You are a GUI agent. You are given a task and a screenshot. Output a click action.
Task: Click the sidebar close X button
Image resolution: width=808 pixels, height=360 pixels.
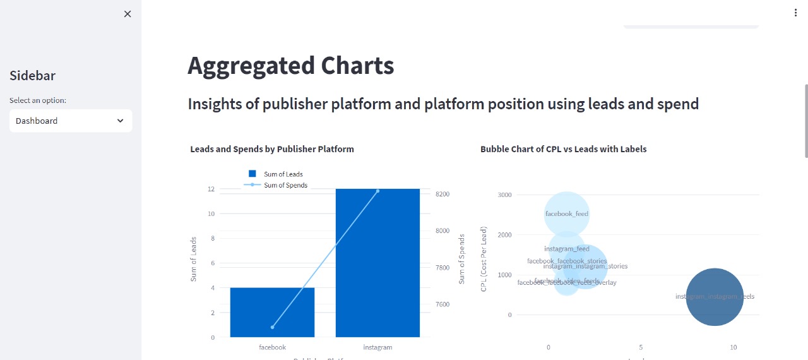128,14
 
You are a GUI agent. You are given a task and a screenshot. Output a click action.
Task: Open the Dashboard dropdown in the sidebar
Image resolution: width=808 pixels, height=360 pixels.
71,121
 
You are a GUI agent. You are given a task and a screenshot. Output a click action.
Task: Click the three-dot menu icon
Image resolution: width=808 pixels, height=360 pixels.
795,13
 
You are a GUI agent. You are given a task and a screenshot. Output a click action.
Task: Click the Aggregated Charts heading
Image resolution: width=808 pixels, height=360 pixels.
290,66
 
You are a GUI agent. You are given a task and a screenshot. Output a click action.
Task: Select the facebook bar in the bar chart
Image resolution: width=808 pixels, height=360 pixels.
272,312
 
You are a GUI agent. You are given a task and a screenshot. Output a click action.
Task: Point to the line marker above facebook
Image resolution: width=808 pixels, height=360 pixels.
273,327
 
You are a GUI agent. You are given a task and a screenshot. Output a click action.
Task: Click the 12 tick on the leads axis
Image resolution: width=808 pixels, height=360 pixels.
210,189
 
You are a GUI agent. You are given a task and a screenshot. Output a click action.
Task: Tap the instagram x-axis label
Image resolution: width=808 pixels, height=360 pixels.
377,347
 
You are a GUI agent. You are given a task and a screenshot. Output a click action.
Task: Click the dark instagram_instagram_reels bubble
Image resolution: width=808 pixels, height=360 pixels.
715,297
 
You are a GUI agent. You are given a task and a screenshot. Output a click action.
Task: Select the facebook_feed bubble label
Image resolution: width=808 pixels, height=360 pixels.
567,213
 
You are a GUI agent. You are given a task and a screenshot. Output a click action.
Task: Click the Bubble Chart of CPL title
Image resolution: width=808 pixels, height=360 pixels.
563,149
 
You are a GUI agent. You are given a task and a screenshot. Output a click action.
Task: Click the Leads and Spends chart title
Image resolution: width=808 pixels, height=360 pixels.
272,149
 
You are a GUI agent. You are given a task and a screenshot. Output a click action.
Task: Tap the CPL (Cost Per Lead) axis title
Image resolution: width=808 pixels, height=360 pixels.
484,260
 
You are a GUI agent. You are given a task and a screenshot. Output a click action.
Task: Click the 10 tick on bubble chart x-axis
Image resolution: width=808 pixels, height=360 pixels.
733,347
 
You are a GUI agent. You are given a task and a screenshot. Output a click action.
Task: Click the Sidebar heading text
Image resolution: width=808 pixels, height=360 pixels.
33,76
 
